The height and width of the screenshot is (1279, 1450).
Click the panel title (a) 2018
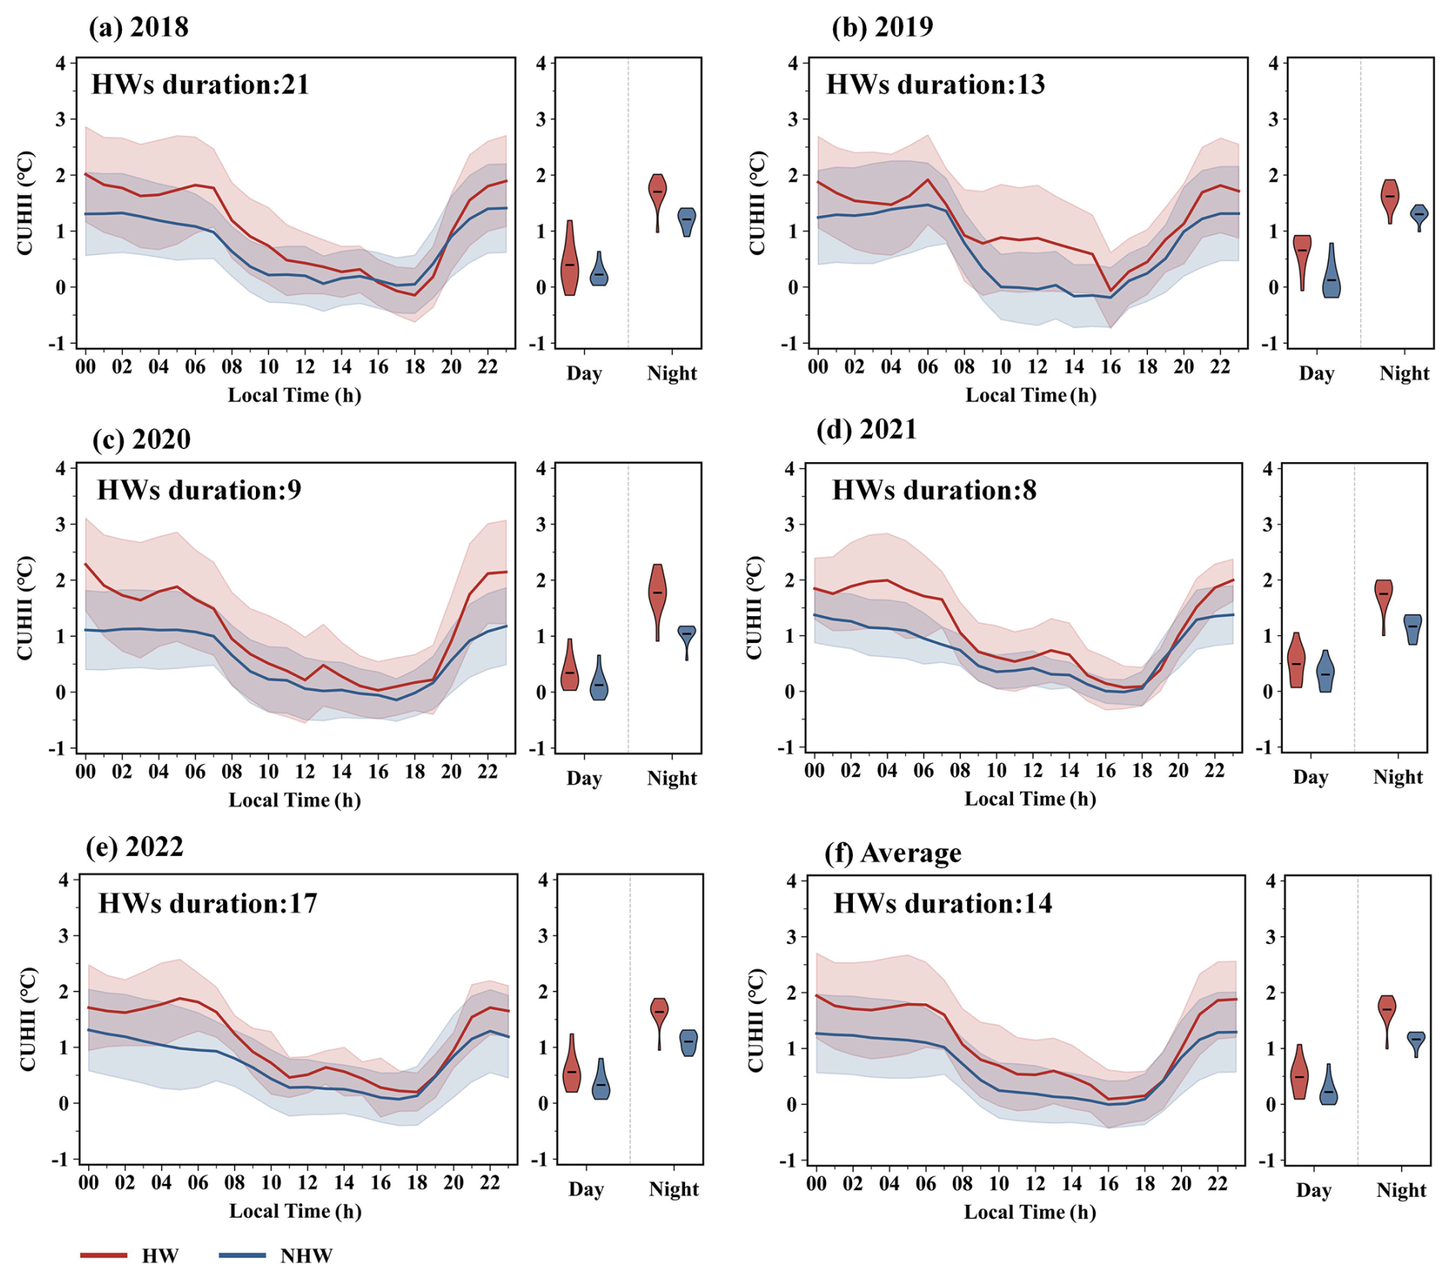pos(138,27)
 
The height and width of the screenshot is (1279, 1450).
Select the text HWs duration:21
pos(200,84)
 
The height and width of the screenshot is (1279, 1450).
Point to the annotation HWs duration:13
pos(935,84)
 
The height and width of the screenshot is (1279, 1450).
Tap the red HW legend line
pos(103,1255)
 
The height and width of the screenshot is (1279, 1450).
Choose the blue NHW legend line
pos(242,1255)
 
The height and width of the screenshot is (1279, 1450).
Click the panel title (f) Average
pos(892,853)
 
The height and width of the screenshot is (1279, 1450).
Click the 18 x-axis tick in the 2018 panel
pos(415,367)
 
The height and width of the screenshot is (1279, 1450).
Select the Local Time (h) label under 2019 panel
pos(1030,395)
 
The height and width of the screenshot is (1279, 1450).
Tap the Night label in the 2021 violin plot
pos(1397,777)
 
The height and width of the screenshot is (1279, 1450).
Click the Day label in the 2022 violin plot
pos(586,1189)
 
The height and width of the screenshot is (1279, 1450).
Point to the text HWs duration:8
pos(934,490)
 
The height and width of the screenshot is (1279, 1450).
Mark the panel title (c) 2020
pos(141,439)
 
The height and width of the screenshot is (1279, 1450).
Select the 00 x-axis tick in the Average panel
pos(816,1184)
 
